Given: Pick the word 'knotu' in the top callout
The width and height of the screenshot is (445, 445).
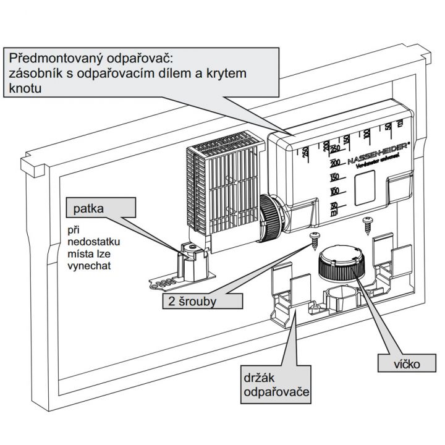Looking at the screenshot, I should coord(25,89).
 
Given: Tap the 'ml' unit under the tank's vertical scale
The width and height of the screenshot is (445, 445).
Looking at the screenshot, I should coord(334,213).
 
